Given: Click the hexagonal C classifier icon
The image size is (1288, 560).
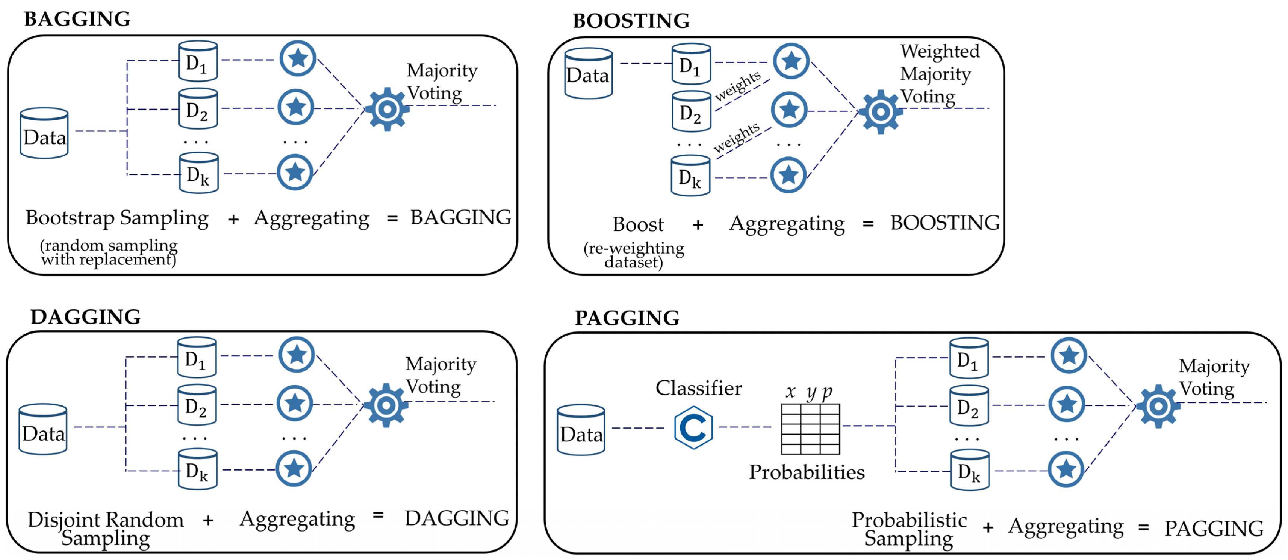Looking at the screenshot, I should (693, 427).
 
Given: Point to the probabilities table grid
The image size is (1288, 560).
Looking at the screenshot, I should (810, 429).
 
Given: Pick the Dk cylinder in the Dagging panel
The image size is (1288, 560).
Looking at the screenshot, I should (197, 469).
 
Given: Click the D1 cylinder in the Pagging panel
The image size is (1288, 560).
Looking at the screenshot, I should (968, 358).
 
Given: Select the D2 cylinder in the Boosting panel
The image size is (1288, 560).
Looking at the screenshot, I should (691, 111).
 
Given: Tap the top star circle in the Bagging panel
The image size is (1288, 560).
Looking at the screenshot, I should (298, 58).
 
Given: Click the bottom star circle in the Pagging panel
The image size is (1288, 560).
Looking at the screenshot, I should (1066, 469).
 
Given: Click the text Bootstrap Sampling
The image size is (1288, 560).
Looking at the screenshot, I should (117, 218).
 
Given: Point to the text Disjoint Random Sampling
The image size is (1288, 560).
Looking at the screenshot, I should (106, 528).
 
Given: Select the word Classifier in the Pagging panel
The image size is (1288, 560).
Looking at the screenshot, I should (698, 388).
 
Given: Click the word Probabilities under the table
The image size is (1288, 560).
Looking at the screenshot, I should (807, 472).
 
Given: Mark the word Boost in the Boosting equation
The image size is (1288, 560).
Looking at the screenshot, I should (638, 224).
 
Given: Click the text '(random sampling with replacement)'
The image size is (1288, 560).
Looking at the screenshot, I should (109, 252).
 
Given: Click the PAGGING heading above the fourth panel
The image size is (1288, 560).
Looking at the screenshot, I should (627, 318).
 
